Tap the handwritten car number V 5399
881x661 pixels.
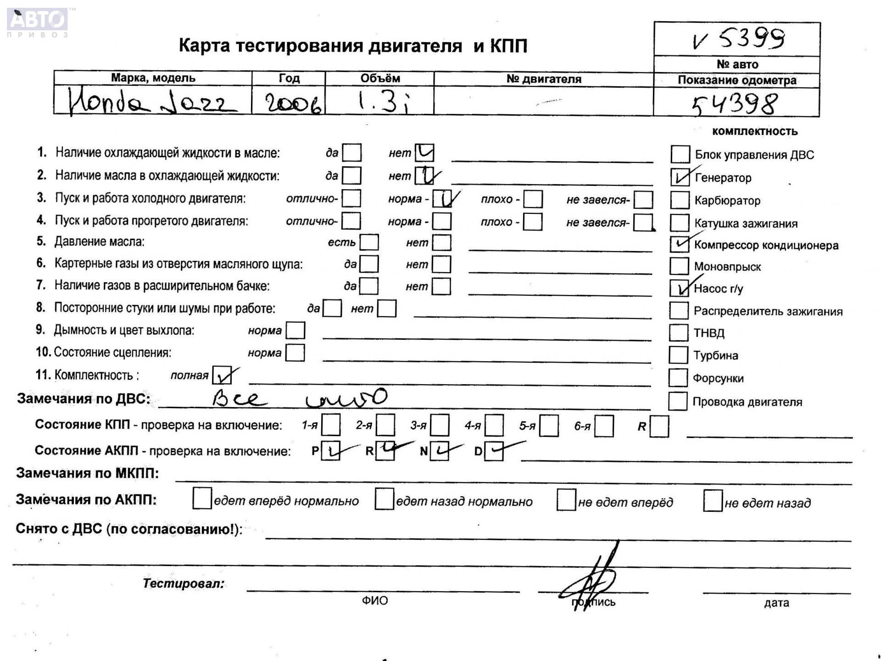(738, 39)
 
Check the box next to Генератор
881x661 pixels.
(680, 177)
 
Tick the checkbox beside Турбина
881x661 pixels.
(678, 355)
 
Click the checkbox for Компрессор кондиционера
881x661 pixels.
(679, 244)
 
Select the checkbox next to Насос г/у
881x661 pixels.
(679, 288)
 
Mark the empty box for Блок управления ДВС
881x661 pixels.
(680, 154)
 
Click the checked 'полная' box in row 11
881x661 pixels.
(222, 375)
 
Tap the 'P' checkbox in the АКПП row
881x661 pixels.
(330, 451)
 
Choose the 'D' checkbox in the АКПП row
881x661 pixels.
(494, 451)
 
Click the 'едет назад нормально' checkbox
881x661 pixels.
(384, 499)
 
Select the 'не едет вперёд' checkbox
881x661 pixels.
(566, 500)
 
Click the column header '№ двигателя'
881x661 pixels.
(544, 79)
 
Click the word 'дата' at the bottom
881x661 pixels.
(776, 603)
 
